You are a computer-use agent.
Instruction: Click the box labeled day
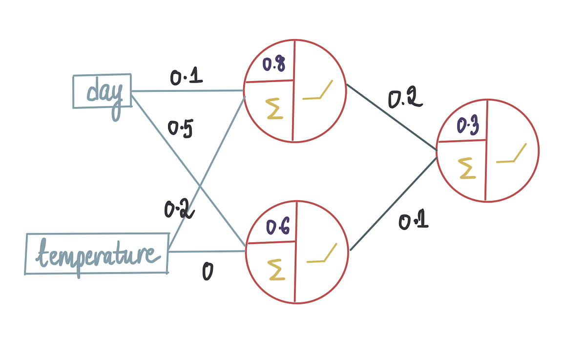(x=102, y=91)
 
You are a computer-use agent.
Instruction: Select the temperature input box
(x=96, y=254)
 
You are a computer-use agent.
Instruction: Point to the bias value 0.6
(x=278, y=227)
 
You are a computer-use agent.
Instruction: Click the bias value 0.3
(x=467, y=127)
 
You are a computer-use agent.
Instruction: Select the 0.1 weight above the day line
(x=186, y=77)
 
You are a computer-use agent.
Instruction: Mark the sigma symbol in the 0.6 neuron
(x=276, y=270)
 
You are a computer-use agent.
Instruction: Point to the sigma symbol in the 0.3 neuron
(x=467, y=168)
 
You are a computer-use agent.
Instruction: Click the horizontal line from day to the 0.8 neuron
(x=188, y=91)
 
